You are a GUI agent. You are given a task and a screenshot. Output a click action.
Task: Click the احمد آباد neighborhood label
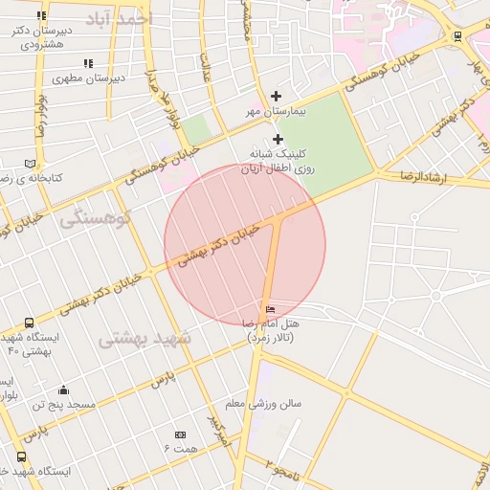point(118,20)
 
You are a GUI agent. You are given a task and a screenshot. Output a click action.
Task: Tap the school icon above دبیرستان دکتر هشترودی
point(41,16)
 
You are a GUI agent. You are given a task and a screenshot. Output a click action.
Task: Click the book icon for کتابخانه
point(32,164)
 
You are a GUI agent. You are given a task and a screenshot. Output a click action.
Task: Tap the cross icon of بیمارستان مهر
point(277,96)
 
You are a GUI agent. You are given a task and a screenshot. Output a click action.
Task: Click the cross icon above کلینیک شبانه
point(278,139)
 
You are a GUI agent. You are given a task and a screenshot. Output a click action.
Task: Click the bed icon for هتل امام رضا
point(271,310)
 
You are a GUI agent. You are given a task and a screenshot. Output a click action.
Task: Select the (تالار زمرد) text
point(271,339)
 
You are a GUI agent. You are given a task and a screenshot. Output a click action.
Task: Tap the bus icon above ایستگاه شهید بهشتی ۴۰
point(29,323)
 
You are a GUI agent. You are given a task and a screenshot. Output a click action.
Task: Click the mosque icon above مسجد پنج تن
point(63,390)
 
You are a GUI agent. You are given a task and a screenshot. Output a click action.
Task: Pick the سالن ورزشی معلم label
point(263,403)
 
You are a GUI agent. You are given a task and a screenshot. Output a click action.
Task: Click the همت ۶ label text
point(180,448)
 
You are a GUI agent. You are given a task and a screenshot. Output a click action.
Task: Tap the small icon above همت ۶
point(180,434)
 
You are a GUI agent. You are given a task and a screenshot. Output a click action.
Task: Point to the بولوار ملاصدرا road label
point(155,96)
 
